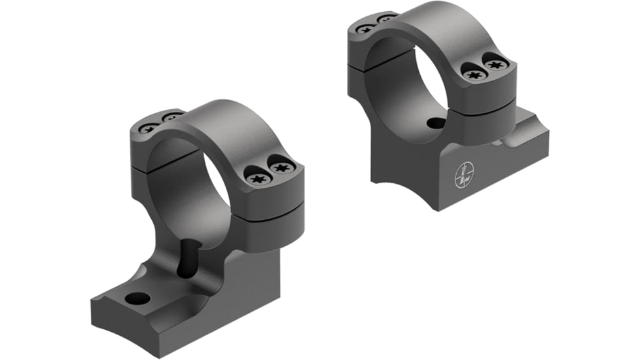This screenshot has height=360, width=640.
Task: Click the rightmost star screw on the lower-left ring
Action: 281,169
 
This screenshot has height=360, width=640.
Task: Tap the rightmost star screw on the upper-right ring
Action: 495,65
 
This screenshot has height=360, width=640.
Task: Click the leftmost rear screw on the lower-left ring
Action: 147,128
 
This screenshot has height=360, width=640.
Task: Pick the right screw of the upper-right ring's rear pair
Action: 385,18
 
